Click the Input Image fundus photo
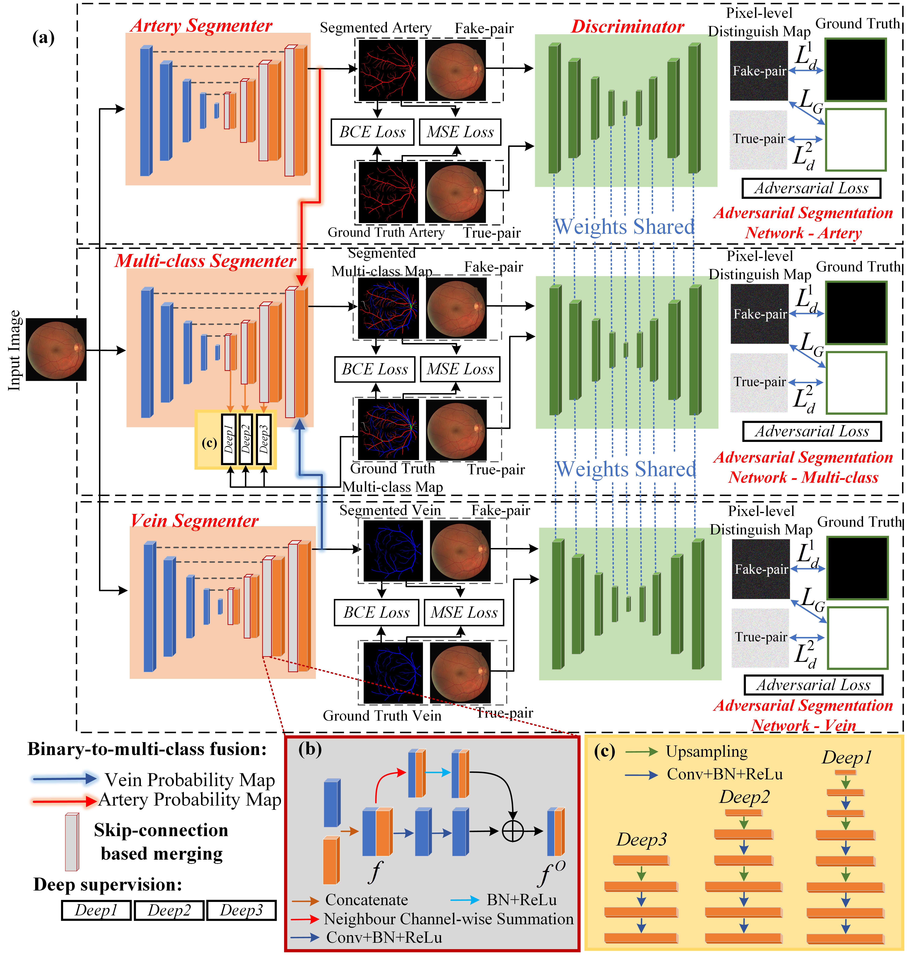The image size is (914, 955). pyautogui.click(x=56, y=350)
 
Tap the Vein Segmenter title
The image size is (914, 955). pyautogui.click(x=194, y=521)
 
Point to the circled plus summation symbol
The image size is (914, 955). pyautogui.click(x=512, y=831)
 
